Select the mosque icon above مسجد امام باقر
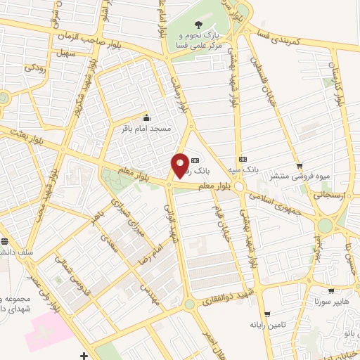point(146,117)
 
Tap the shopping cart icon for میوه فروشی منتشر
point(300,166)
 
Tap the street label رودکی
point(35,68)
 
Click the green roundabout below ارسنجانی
point(325,226)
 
